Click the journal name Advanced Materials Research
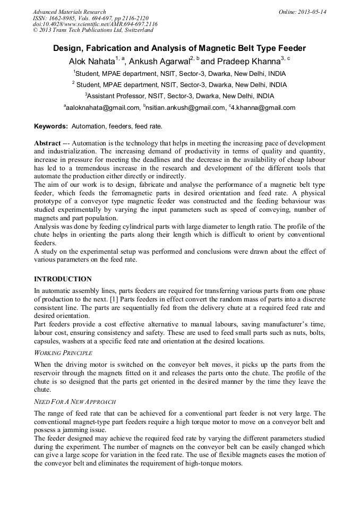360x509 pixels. pyautogui.click(x=69, y=12)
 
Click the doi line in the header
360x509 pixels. pyautogui.click(x=95, y=24)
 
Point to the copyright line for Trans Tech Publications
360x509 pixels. pyautogui.click(x=93, y=30)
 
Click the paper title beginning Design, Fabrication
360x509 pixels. pyautogui.click(x=179, y=48)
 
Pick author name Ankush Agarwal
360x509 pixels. pyautogui.click(x=159, y=62)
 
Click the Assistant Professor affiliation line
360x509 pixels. pyautogui.click(x=179, y=96)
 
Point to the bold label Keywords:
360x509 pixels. pyautogui.click(x=51, y=126)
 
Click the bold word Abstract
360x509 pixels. pyautogui.click(x=47, y=144)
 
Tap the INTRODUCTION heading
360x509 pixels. pyautogui.click(x=63, y=279)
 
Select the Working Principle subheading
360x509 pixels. pyautogui.click(x=63, y=353)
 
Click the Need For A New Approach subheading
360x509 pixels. pyautogui.click(x=75, y=402)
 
